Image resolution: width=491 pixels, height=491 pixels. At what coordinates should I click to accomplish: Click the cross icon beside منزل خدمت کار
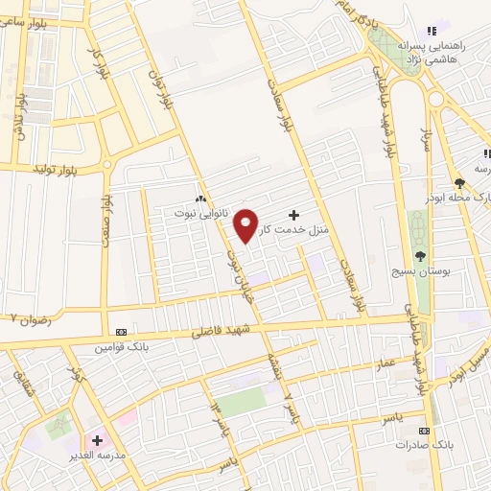pyautogui.click(x=293, y=214)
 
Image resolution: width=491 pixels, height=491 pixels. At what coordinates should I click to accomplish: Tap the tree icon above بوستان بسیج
pyautogui.click(x=420, y=255)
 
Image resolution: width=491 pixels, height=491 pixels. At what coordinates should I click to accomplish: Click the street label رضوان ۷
pyautogui.click(x=27, y=317)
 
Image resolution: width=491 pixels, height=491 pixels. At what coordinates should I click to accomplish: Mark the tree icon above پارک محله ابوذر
pyautogui.click(x=460, y=181)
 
